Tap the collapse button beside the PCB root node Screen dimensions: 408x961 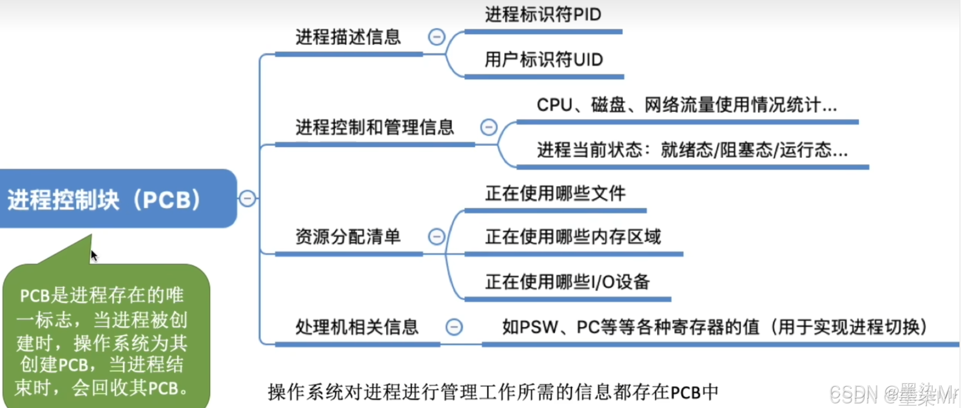pyautogui.click(x=247, y=198)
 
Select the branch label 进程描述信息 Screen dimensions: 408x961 pyautogui.click(x=348, y=37)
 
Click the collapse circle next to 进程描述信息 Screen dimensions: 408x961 pyautogui.click(x=436, y=37)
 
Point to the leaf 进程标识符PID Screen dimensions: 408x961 pyautogui.click(x=543, y=15)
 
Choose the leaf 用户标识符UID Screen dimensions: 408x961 pyautogui.click(x=543, y=60)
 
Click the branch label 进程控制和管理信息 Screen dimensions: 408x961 pyautogui.click(x=375, y=127)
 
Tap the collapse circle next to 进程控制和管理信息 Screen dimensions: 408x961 pyautogui.click(x=489, y=127)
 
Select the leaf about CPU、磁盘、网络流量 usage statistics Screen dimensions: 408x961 pyautogui.click(x=686, y=105)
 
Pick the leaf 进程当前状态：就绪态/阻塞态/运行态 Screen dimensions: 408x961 pyautogui.click(x=692, y=150)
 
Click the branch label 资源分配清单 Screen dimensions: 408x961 pyautogui.click(x=348, y=237)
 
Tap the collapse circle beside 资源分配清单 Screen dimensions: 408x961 pyautogui.click(x=436, y=236)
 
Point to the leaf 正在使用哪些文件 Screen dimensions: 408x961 pyautogui.click(x=555, y=193)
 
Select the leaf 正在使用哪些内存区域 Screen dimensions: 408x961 pyautogui.click(x=572, y=237)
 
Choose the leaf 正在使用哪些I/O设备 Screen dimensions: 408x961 pyautogui.click(x=567, y=282)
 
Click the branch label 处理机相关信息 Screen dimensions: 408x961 pyautogui.click(x=356, y=327)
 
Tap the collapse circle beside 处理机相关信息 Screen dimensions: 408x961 pyautogui.click(x=454, y=327)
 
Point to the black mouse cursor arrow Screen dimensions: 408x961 pyautogui.click(x=94, y=255)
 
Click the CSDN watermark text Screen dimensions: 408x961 pyautogui.click(x=893, y=394)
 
